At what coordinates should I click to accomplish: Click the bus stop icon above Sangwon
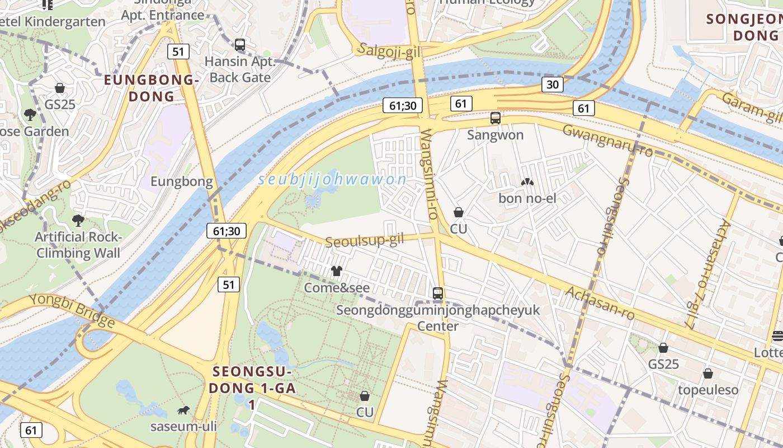coord(495,118)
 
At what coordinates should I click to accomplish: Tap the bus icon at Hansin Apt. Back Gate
coord(240,45)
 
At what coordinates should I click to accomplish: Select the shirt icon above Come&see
coord(336,271)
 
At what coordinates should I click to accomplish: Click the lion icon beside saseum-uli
coord(183,410)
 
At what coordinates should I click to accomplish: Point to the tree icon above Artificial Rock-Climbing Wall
coord(78,221)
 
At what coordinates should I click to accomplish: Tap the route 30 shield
coord(552,85)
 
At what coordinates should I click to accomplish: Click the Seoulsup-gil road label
coord(364,241)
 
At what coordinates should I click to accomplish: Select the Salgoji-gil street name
coord(389,50)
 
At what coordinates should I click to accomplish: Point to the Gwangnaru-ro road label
coord(607,140)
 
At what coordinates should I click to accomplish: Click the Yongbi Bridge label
coord(72,310)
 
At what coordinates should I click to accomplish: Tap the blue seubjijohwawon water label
coord(332,180)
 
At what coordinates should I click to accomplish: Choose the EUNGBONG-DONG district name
coord(152,88)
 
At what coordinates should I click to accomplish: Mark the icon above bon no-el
coord(526,182)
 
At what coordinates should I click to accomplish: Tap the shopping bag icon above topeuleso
coord(707,374)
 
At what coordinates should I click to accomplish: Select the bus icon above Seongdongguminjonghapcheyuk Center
coord(438,293)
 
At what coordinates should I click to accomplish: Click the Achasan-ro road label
coord(600,303)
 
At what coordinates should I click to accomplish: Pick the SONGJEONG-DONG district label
coord(744,27)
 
